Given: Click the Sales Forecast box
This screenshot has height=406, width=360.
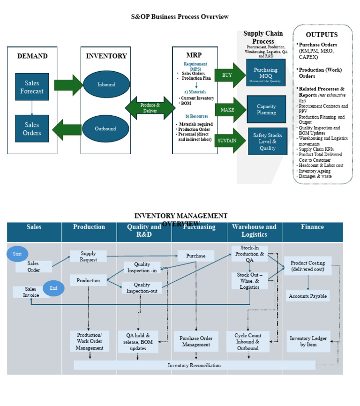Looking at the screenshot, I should tap(32, 87).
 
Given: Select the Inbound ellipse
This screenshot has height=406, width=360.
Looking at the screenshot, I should tap(106, 85).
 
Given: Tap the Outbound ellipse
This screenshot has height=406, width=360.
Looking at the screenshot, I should tap(106, 128).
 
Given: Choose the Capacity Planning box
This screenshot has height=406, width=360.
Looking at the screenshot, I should tap(266, 110).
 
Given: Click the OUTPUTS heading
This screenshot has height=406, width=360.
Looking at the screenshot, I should tap(322, 35).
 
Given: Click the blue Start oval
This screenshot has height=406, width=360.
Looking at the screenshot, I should tap(17, 254).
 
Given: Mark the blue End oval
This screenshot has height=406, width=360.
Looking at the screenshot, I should tap(53, 288).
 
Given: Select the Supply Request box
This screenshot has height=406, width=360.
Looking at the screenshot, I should tap(89, 256).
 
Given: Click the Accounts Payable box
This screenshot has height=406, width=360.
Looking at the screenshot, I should tap(308, 296).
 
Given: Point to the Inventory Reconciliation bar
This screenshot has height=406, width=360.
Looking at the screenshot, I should tap(194, 365).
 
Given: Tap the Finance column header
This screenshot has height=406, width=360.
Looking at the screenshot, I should tap(312, 227).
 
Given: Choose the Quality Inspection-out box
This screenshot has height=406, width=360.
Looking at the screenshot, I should tap(142, 287).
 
